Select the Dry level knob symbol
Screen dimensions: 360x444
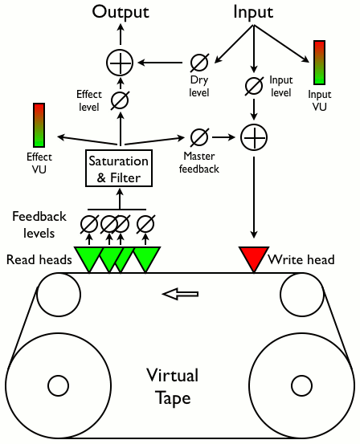tap(199, 63)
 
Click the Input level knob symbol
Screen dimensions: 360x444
tap(254, 86)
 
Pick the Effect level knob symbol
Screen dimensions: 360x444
tap(120, 100)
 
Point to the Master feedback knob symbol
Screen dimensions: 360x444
tap(199, 137)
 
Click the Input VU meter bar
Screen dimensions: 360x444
tap(319, 63)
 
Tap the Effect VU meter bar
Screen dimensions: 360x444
tap(39, 125)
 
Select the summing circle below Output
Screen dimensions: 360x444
tap(120, 63)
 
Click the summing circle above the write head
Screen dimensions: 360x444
tap(254, 137)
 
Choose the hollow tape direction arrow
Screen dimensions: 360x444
tap(180, 294)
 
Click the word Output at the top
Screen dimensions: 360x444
tap(121, 13)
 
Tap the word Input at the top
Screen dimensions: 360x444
tap(253, 13)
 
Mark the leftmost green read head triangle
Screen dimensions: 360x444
tap(88, 259)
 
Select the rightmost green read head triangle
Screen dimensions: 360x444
tap(146, 259)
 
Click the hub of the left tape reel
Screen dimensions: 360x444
tap(58, 385)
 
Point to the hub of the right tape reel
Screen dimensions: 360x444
tap(301, 385)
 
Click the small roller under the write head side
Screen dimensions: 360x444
tap(302, 295)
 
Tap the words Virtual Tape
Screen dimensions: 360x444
tap(173, 387)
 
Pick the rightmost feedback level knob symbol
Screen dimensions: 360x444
tap(145, 224)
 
